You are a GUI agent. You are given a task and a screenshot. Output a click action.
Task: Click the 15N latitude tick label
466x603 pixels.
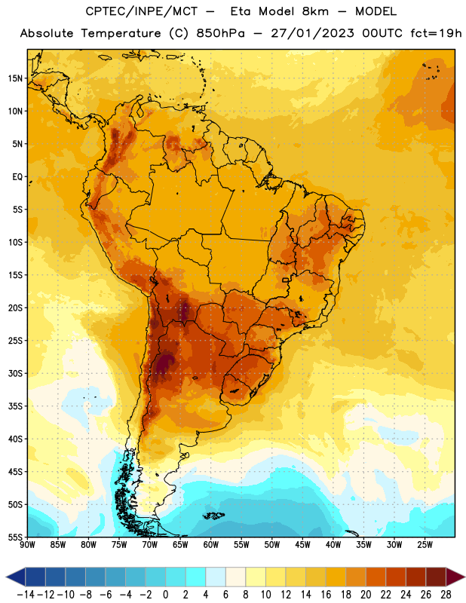pyautogui.click(x=15, y=78)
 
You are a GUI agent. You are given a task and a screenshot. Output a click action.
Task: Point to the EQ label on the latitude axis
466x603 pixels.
pyautogui.click(x=17, y=177)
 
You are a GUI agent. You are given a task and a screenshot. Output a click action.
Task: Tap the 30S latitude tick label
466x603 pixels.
pyautogui.click(x=15, y=373)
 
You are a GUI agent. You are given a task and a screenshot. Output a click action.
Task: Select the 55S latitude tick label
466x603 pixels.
pyautogui.click(x=15, y=537)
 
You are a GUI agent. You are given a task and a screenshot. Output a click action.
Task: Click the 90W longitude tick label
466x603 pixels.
pyautogui.click(x=27, y=544)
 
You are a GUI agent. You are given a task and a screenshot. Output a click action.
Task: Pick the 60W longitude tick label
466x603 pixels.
pyautogui.click(x=211, y=544)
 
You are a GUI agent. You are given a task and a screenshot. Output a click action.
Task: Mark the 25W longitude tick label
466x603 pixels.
pyautogui.click(x=425, y=544)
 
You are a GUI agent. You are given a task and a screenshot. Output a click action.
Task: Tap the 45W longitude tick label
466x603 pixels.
pyautogui.click(x=303, y=544)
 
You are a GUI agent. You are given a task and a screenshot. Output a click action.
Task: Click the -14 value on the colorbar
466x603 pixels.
pyautogui.click(x=26, y=595)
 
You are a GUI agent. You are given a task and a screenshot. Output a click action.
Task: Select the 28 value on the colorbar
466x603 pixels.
pyautogui.click(x=446, y=595)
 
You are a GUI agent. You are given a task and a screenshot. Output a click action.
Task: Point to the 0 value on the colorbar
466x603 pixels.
pyautogui.click(x=165, y=595)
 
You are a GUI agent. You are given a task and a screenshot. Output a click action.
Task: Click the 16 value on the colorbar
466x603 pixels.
pyautogui.click(x=326, y=595)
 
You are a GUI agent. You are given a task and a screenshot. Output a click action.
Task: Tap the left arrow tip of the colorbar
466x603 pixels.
pyautogui.click(x=6, y=577)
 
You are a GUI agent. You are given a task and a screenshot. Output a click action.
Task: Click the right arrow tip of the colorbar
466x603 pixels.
pyautogui.click(x=464, y=577)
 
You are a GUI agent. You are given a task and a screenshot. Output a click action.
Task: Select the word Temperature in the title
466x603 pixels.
pyautogui.click(x=121, y=33)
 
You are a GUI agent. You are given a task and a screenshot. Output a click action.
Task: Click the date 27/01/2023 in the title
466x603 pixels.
pyautogui.click(x=312, y=33)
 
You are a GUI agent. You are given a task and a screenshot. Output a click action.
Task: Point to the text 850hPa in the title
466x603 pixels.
pyautogui.click(x=220, y=33)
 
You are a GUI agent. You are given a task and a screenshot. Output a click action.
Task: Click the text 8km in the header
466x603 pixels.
pyautogui.click(x=315, y=11)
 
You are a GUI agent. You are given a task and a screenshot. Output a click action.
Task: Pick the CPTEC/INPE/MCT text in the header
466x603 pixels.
pyautogui.click(x=142, y=11)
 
